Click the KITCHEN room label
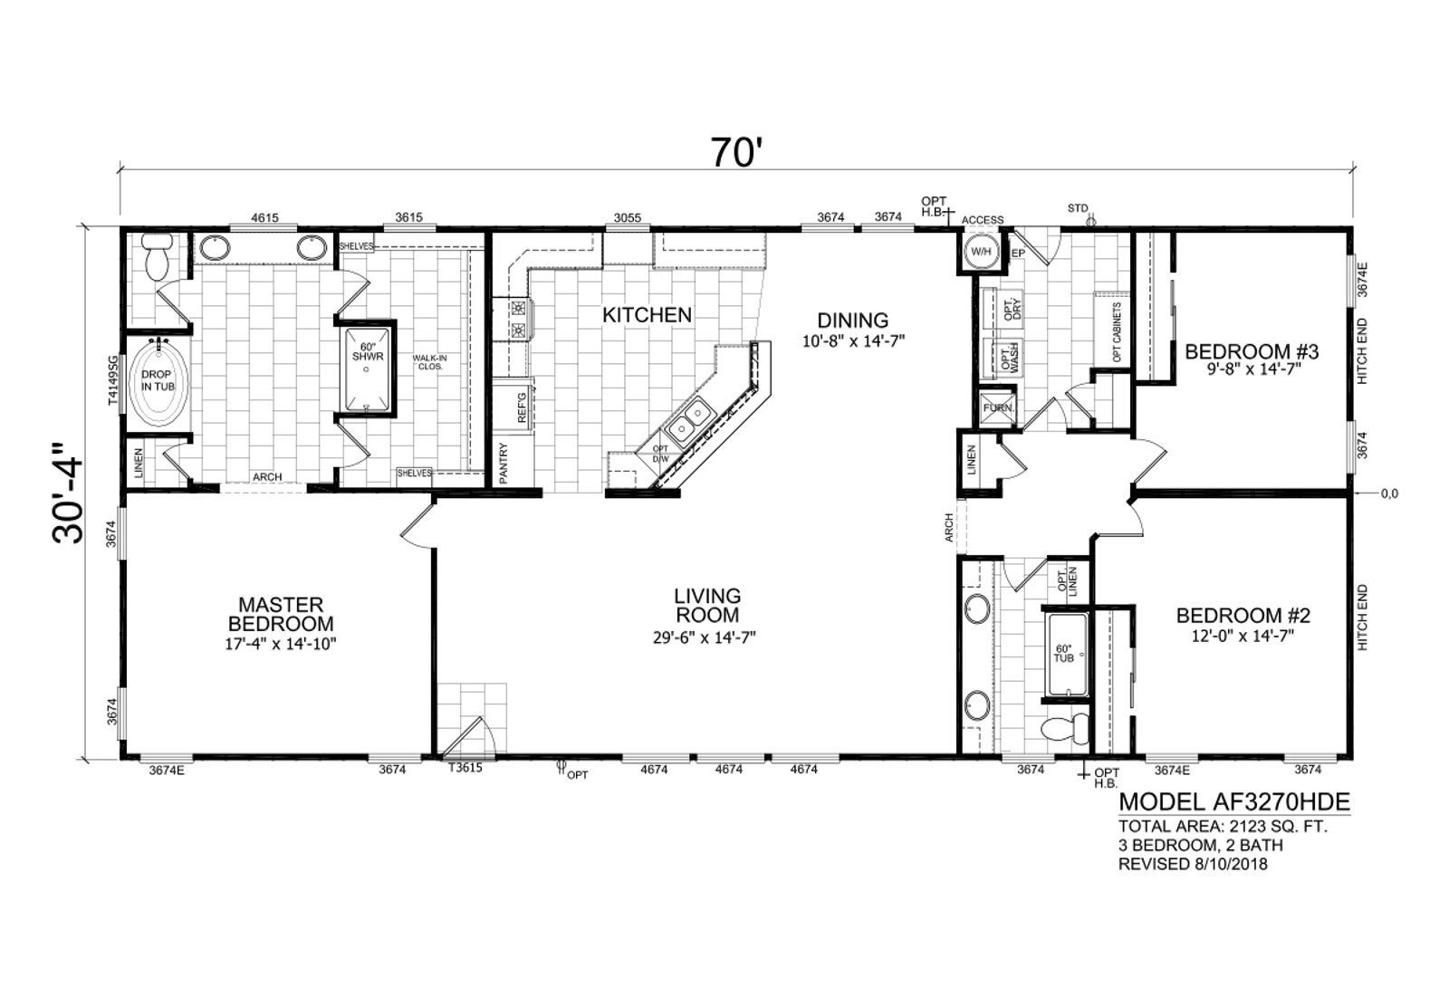point(647,315)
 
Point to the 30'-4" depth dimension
point(68,493)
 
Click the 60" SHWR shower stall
point(368,370)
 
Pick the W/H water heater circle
point(982,252)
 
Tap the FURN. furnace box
point(998,408)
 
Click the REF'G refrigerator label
point(522,407)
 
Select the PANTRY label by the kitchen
point(504,463)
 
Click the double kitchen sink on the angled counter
point(688,422)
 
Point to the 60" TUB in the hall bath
point(1067,655)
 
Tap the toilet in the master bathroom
point(158,257)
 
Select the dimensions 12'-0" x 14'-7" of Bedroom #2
point(1243,636)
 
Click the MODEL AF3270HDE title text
point(1234,802)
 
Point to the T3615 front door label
point(465,768)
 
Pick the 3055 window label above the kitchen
point(627,217)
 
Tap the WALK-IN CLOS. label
point(430,362)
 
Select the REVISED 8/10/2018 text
point(1193,864)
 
